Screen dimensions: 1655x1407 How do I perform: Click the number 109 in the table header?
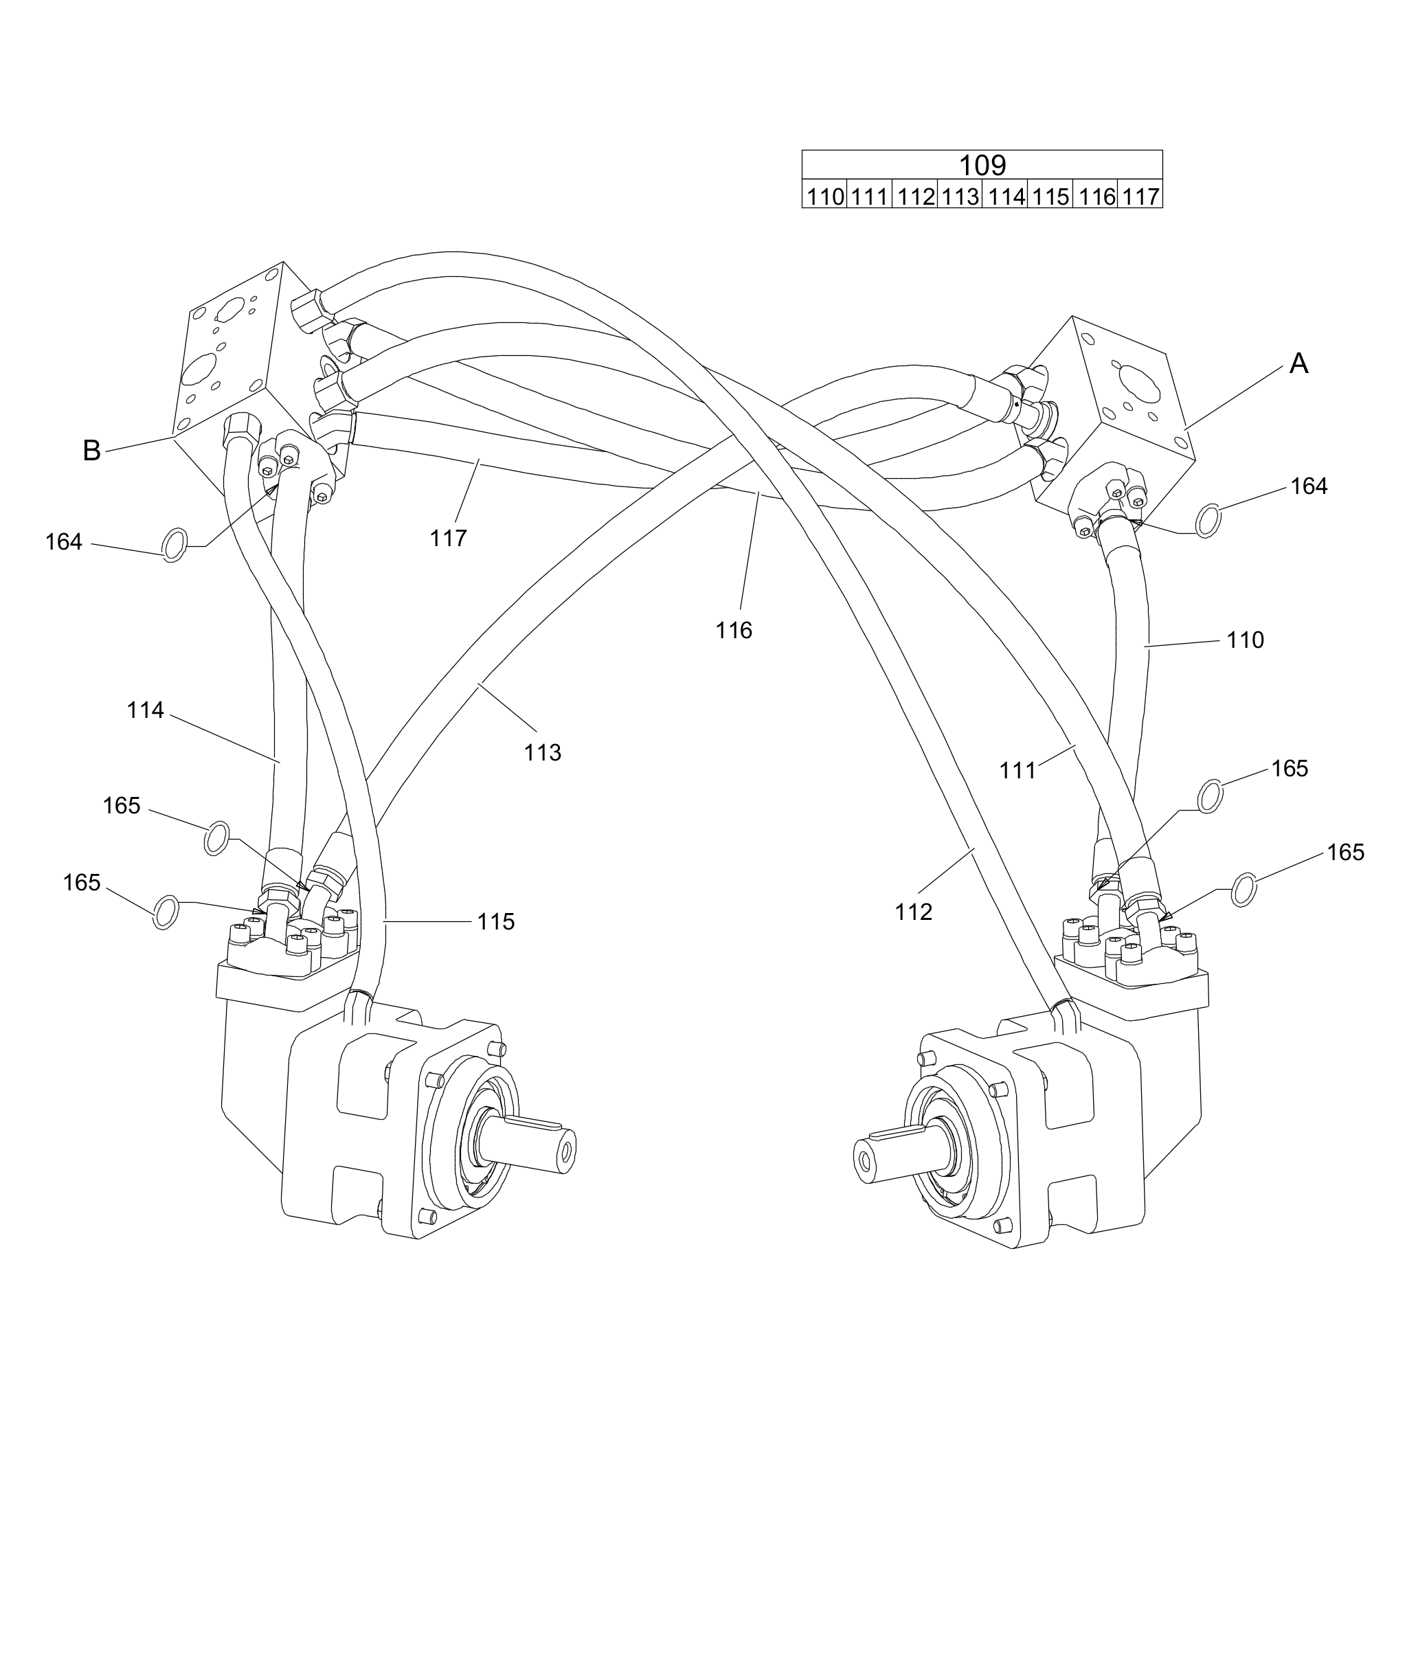(x=982, y=165)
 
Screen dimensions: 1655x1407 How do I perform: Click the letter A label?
(x=1298, y=363)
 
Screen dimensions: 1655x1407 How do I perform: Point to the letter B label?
(x=92, y=451)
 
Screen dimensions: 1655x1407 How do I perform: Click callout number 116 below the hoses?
(x=734, y=631)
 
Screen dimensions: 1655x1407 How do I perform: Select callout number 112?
(x=913, y=912)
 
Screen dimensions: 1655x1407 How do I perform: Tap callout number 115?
(x=496, y=922)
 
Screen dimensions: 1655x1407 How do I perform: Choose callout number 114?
(x=145, y=710)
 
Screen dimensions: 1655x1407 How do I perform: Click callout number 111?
(x=1017, y=770)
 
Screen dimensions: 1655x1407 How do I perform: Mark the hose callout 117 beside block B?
(x=448, y=539)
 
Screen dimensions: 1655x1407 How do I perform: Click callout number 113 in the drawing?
(x=542, y=752)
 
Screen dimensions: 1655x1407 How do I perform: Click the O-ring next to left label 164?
(x=175, y=545)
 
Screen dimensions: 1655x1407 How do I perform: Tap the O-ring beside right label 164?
(x=1208, y=520)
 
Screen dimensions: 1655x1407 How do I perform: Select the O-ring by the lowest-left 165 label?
(x=165, y=912)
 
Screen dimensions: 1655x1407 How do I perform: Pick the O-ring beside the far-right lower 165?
(x=1244, y=889)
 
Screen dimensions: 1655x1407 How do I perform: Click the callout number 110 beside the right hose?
(x=1245, y=640)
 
